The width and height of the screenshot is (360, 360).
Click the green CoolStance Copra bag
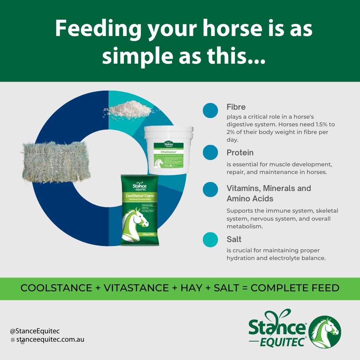[x=140, y=210]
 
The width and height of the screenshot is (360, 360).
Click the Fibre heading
[x=236, y=107]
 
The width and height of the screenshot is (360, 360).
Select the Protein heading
[x=240, y=153]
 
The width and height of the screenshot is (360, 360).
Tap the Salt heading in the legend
[x=234, y=239]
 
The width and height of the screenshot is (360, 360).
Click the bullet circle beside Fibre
[x=210, y=110]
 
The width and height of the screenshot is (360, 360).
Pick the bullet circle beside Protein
[x=210, y=152]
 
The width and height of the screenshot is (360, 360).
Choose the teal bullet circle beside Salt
[x=210, y=240]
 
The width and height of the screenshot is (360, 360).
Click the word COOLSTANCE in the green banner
[x=56, y=288]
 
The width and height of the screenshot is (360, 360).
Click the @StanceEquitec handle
[x=35, y=331]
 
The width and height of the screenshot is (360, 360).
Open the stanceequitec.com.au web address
[x=50, y=340]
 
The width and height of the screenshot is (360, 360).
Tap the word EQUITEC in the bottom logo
[x=283, y=341]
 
